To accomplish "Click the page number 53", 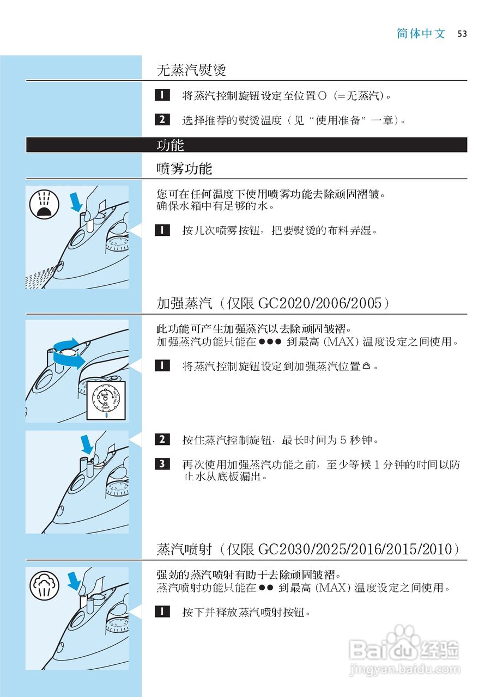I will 462,34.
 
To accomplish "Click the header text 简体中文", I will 421,34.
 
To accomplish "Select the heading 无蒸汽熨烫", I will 191,70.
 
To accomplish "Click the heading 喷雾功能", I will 184,169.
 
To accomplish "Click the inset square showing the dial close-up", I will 107,400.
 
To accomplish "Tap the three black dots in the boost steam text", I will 270,343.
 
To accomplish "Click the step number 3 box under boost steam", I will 162,464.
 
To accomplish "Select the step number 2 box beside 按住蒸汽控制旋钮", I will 162,439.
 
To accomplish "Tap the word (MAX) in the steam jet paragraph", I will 334,588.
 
